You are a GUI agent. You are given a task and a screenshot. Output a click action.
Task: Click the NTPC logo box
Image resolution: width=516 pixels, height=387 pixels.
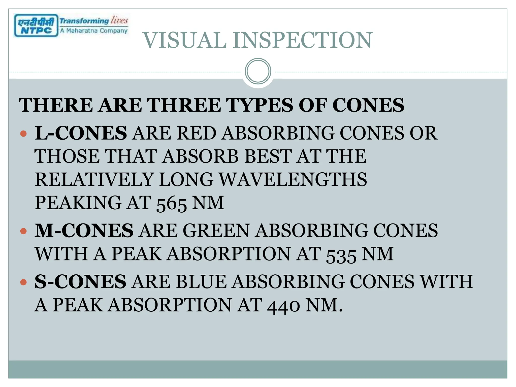pos(36,25)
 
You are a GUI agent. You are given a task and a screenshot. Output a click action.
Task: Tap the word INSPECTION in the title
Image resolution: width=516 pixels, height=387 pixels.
pos(302,40)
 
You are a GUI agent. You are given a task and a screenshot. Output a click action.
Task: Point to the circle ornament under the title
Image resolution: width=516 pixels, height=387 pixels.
pos(258,71)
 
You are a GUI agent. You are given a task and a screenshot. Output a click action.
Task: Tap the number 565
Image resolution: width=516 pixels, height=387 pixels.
pos(171,204)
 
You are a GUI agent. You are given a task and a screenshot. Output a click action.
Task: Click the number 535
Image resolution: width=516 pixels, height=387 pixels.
pos(341,255)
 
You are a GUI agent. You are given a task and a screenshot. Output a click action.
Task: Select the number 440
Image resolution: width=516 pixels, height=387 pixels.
pos(283,306)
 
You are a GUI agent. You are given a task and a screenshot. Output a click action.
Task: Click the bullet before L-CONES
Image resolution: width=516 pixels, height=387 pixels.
pos(23,134)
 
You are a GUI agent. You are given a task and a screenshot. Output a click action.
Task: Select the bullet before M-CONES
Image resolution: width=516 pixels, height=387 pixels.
pos(23,231)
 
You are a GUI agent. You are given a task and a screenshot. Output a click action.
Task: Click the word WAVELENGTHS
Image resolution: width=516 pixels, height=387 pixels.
pos(293,180)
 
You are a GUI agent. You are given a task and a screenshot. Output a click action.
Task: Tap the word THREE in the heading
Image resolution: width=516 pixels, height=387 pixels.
pos(184,105)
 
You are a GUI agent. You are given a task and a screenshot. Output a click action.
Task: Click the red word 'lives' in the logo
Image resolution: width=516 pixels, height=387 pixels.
pos(119,20)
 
